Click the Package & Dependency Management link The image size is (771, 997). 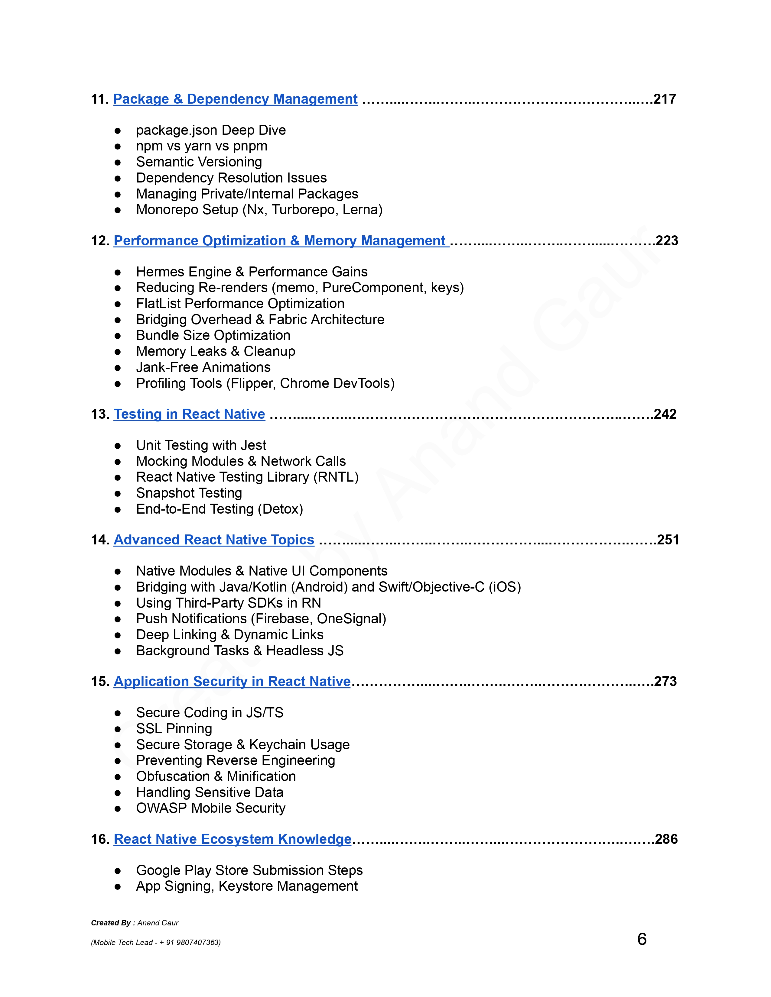pyautogui.click(x=235, y=99)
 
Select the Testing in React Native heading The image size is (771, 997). pyautogui.click(x=189, y=414)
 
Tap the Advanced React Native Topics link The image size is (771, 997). pyautogui.click(x=214, y=540)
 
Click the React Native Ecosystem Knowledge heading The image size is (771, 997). pyautogui.click(x=233, y=839)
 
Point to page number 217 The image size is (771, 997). pyautogui.click(x=665, y=99)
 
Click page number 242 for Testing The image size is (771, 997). pyautogui.click(x=665, y=414)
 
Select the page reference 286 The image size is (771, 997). pyautogui.click(x=666, y=839)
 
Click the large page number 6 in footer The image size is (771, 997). pyautogui.click(x=642, y=939)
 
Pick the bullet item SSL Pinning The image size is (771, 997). pyautogui.click(x=174, y=729)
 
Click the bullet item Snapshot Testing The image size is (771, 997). pyautogui.click(x=189, y=493)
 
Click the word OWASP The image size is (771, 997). pyautogui.click(x=162, y=808)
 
